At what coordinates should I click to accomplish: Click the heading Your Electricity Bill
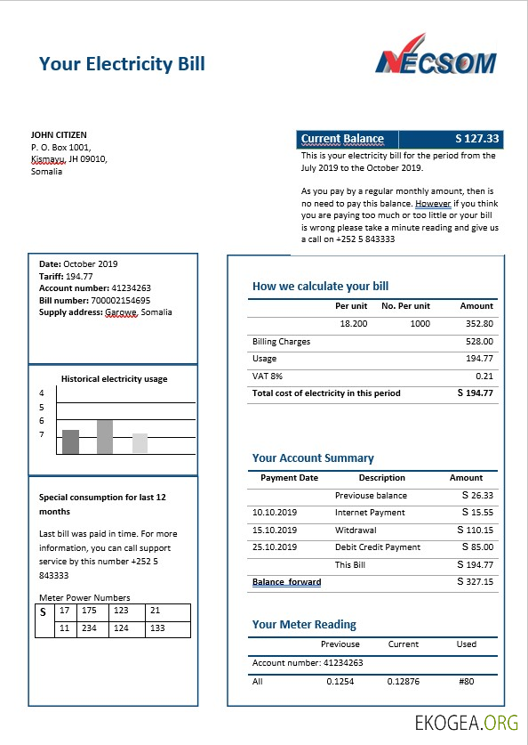pos(122,63)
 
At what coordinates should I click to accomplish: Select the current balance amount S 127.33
pos(477,139)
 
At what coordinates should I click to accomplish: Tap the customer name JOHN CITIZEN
pos(59,135)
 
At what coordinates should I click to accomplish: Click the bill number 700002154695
pos(120,300)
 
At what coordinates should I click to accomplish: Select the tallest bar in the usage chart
pos(105,437)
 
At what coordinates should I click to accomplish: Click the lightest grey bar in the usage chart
pos(140,443)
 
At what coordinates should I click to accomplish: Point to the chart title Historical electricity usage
pos(114,379)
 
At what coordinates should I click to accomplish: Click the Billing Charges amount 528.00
pos(478,341)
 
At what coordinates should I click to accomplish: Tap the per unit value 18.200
pos(353,324)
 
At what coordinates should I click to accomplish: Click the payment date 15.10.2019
pos(274,530)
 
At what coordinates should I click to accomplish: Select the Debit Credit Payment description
pos(377,547)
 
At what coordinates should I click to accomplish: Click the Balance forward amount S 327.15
pos(475,581)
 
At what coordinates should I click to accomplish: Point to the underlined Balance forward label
pos(286,582)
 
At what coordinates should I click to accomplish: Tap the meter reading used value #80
pos(467,681)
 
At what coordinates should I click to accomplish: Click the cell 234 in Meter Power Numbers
pos(89,628)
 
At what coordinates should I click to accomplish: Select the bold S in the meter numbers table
pos(42,612)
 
